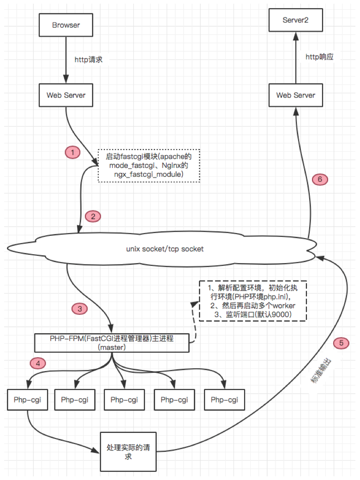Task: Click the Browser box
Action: pyautogui.click(x=66, y=25)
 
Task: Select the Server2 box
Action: pyautogui.click(x=295, y=21)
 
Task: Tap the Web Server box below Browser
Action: pyautogui.click(x=66, y=95)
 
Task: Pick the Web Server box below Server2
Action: pyautogui.click(x=295, y=95)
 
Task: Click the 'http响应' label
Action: pyautogui.click(x=319, y=57)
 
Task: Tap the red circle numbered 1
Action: pyautogui.click(x=72, y=152)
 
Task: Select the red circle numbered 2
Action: pyautogui.click(x=93, y=216)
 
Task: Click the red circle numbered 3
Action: pyautogui.click(x=79, y=309)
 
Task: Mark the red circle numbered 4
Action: pyautogui.click(x=38, y=363)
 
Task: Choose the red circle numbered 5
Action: pyautogui.click(x=341, y=342)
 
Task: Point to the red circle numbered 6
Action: pyautogui.click(x=319, y=179)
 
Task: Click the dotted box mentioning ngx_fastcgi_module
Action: pyautogui.click(x=149, y=165)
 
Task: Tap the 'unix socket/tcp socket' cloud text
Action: pyautogui.click(x=165, y=249)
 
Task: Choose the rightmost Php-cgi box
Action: pyautogui.click(x=224, y=400)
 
